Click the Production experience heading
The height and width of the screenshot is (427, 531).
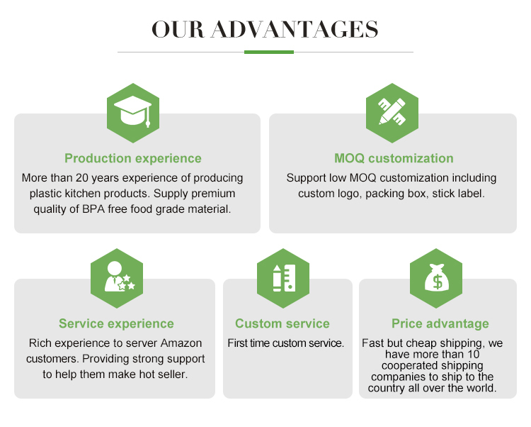point(133,159)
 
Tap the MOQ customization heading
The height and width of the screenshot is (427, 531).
point(394,159)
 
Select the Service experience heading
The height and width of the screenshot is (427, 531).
point(116,324)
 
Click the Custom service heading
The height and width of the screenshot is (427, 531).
point(282,324)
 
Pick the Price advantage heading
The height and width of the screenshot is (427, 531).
point(440,324)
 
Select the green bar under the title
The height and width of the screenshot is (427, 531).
point(268,52)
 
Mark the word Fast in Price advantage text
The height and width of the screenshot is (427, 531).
point(373,343)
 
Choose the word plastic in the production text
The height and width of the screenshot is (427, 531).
point(45,194)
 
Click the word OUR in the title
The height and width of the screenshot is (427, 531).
point(178,29)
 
